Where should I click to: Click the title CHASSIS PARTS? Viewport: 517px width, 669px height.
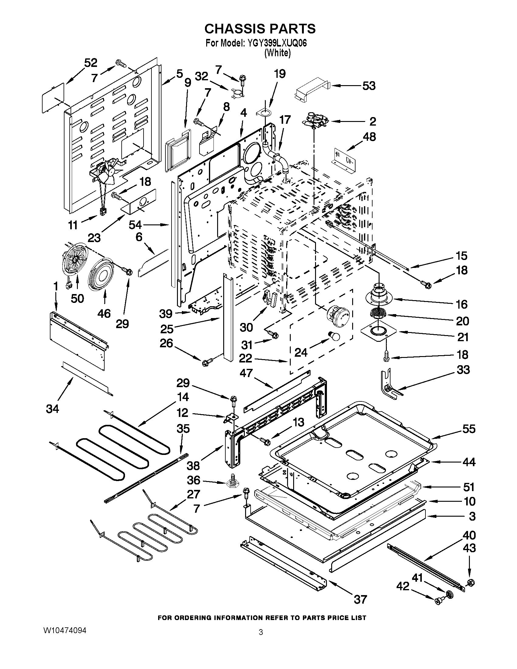[260, 29]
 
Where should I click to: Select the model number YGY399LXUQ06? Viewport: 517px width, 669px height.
[275, 43]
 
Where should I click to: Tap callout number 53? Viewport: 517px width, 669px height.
[369, 86]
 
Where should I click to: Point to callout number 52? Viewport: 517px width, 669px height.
[91, 63]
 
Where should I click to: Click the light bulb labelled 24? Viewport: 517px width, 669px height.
[335, 336]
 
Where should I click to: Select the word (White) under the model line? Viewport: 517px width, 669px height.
[277, 53]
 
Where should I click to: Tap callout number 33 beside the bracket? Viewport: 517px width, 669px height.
[463, 370]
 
